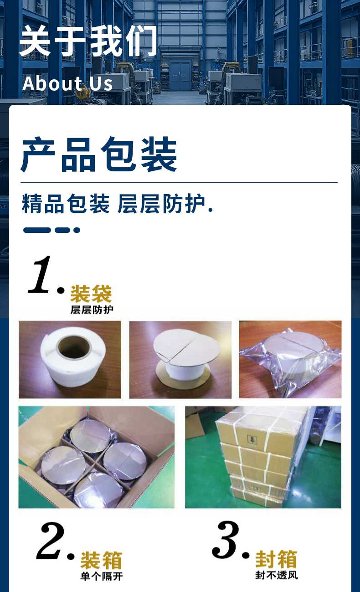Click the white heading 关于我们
(x=88, y=41)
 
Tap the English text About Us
(x=67, y=83)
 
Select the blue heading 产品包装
(x=99, y=154)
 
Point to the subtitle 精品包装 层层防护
(x=118, y=203)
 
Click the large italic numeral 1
(x=40, y=275)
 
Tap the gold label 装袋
(x=91, y=293)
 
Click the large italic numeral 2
(x=50, y=541)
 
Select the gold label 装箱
(x=101, y=561)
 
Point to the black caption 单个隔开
(x=102, y=577)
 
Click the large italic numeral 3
(x=226, y=540)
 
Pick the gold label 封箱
(x=276, y=559)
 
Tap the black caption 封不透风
(x=277, y=575)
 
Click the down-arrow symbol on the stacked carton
(x=252, y=439)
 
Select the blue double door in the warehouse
(x=180, y=76)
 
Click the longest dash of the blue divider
(x=37, y=230)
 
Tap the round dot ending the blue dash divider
(x=77, y=230)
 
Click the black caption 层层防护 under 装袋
(x=92, y=310)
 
